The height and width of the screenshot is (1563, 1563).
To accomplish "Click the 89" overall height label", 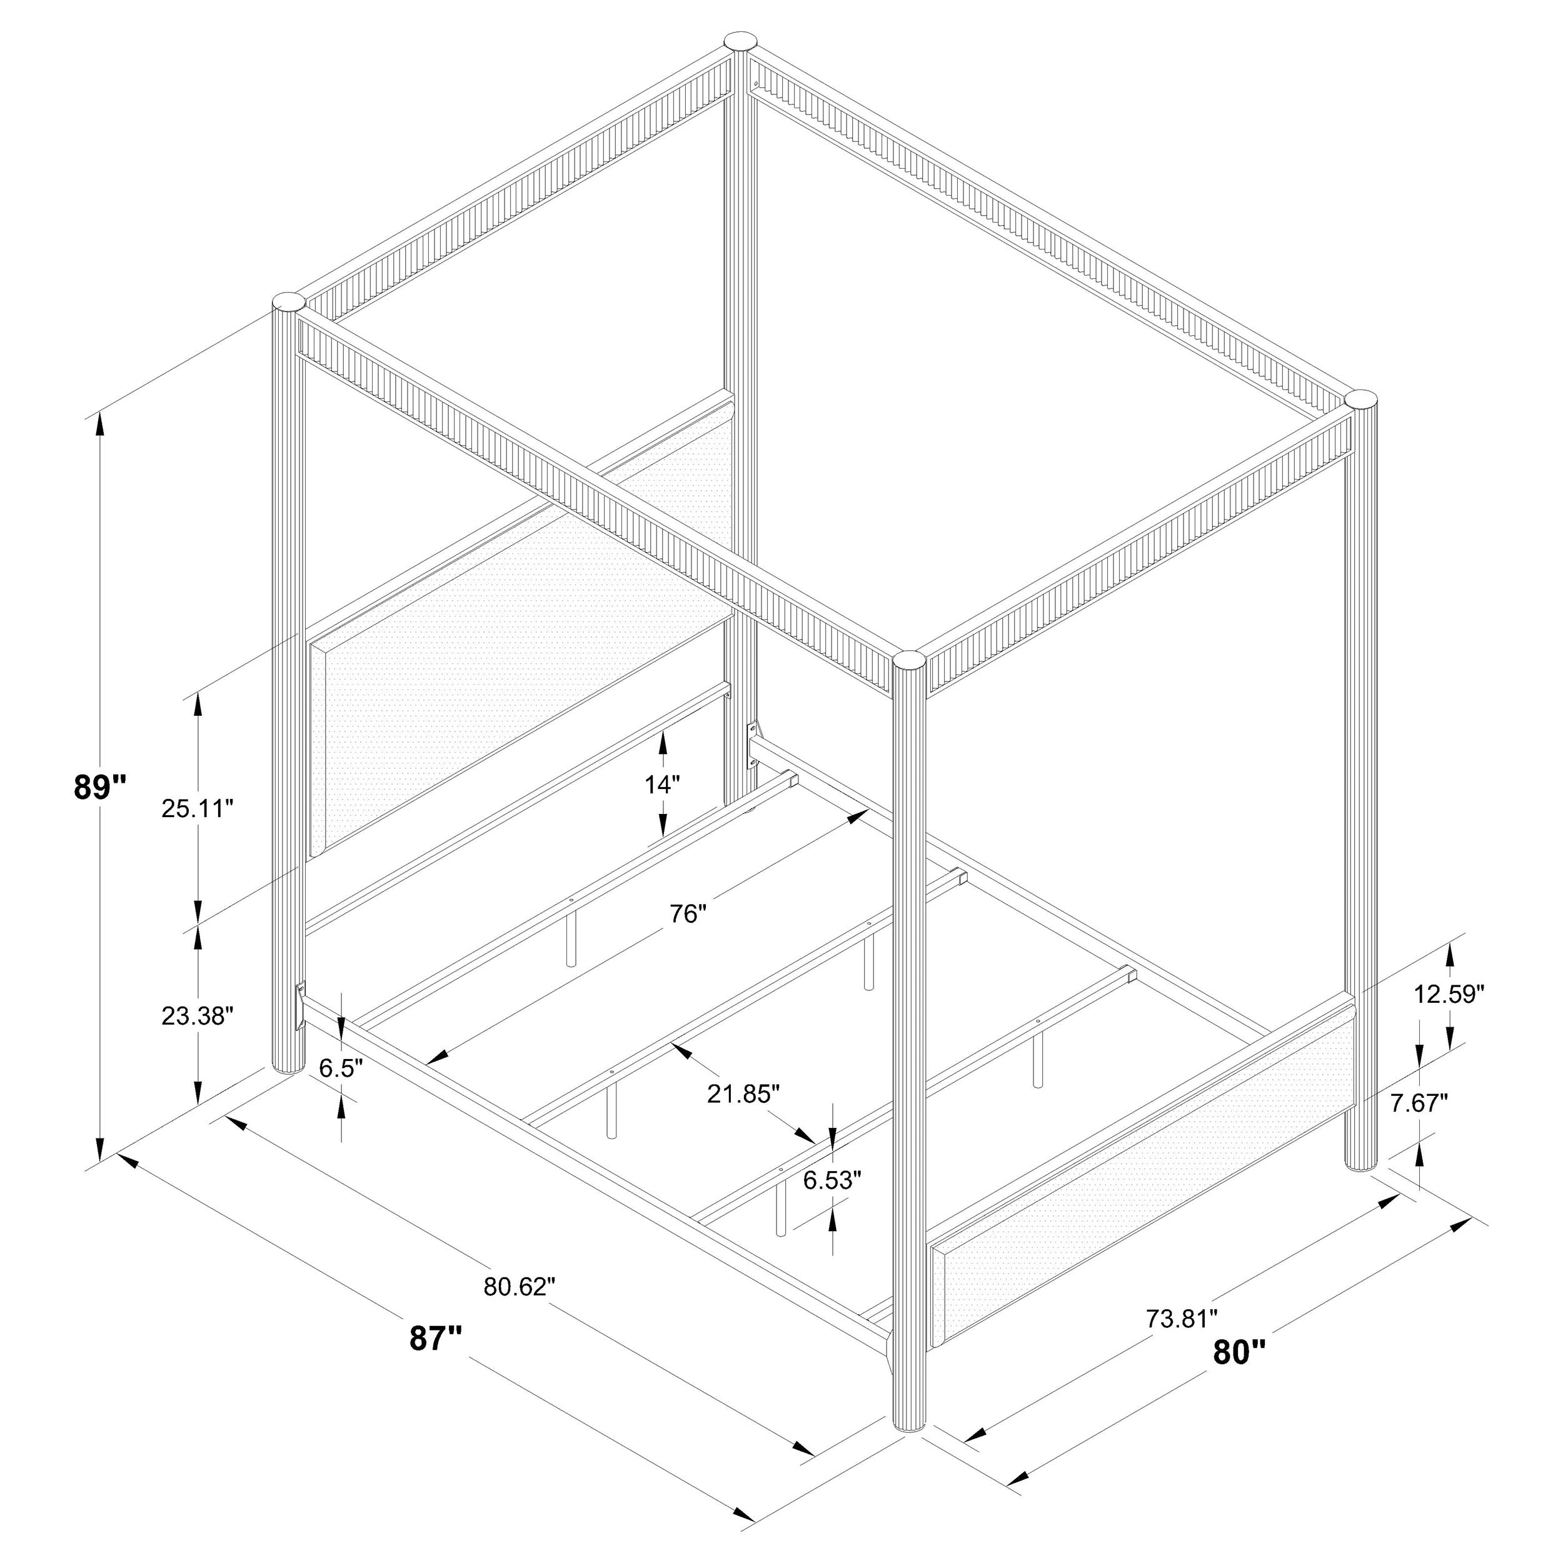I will pyautogui.click(x=99, y=787).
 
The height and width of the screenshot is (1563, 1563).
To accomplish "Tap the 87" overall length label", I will pyautogui.click(x=435, y=1337).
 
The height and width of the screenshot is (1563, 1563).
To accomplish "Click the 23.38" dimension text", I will pyautogui.click(x=198, y=1016).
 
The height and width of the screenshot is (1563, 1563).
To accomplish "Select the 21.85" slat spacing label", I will pyautogui.click(x=743, y=1093).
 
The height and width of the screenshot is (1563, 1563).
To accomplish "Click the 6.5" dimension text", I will pyautogui.click(x=339, y=1068).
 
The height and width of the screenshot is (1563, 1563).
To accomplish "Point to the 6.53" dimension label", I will pyautogui.click(x=827, y=1180).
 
